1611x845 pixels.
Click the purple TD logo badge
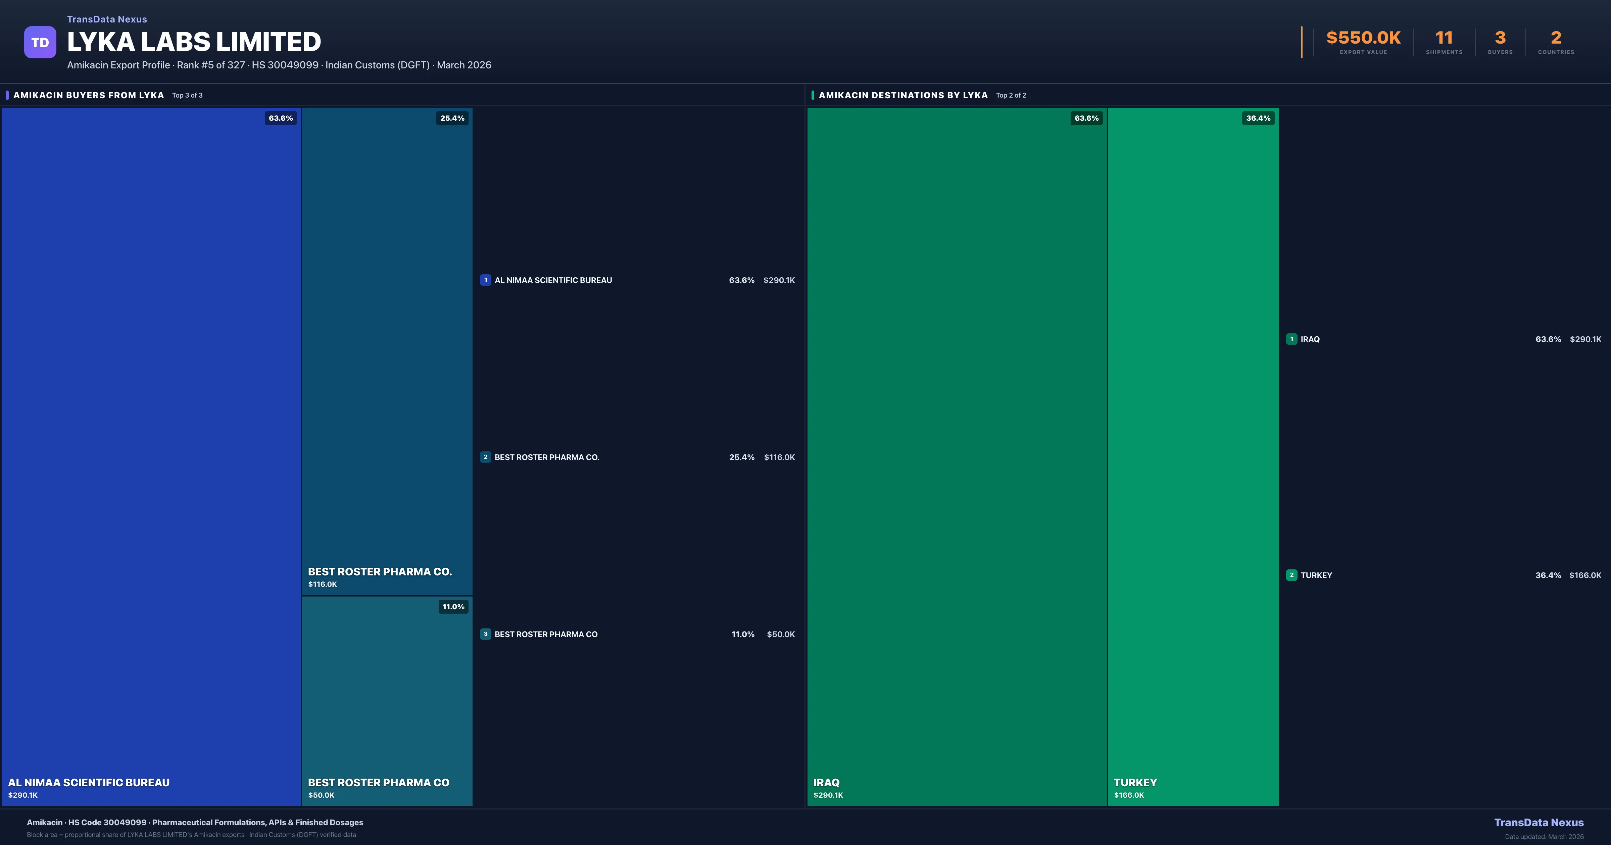[x=40, y=43]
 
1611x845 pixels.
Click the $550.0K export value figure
[x=1363, y=38]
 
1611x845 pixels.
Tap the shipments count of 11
[x=1444, y=38]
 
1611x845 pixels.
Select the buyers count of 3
[x=1500, y=38]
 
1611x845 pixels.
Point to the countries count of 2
[x=1556, y=38]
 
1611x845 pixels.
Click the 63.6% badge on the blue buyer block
[x=281, y=118]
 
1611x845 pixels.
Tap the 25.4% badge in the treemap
[x=452, y=118]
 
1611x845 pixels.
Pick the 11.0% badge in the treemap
[x=453, y=607]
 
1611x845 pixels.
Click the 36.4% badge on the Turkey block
[x=1258, y=118]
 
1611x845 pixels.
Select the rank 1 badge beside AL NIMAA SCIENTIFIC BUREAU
[x=485, y=280]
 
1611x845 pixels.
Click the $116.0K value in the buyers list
[x=779, y=457]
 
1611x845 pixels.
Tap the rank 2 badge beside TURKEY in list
[x=1291, y=575]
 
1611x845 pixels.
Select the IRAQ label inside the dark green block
[x=826, y=783]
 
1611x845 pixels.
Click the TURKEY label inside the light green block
[x=1135, y=783]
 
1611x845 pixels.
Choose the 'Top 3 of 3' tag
[x=188, y=96]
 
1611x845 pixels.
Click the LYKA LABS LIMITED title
[x=194, y=42]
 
